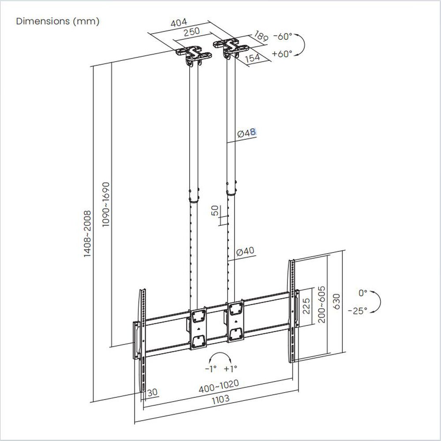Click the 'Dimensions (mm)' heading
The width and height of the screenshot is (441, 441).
click(x=57, y=21)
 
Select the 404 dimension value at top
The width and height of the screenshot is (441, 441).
click(x=179, y=22)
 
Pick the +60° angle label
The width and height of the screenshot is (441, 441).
click(x=283, y=54)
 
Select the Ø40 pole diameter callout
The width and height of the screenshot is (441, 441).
click(x=245, y=251)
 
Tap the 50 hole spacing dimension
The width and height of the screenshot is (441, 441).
click(x=215, y=210)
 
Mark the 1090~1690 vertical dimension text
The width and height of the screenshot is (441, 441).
click(x=106, y=204)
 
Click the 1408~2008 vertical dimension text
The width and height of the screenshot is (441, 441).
click(x=87, y=234)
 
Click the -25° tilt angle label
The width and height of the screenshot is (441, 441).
click(x=357, y=310)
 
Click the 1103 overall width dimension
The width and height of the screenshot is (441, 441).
click(x=220, y=399)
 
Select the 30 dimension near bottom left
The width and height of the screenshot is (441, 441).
click(x=153, y=392)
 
